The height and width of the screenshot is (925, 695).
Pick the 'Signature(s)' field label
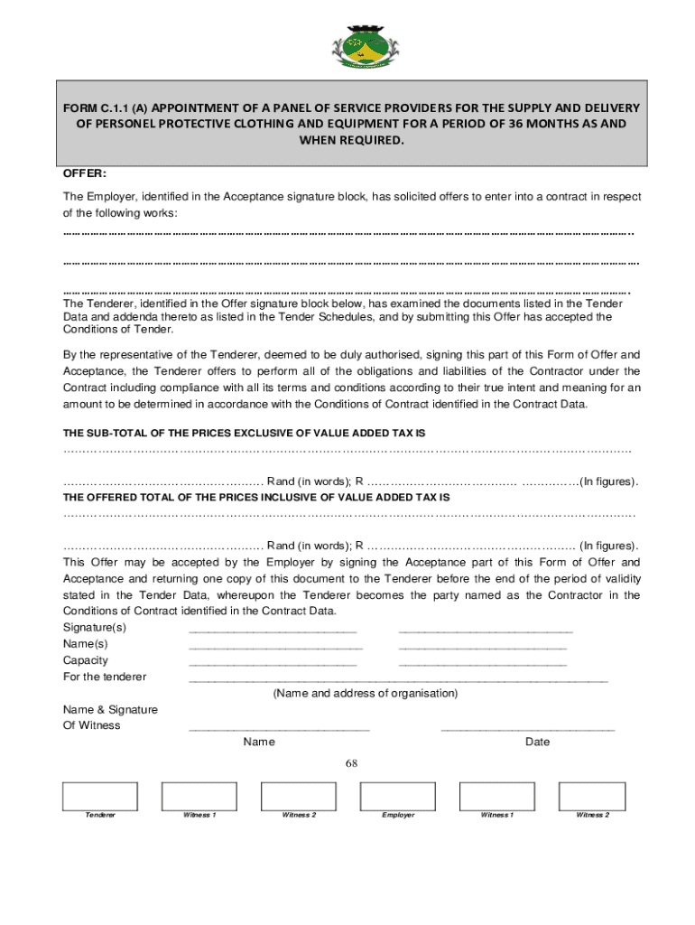[x=95, y=628]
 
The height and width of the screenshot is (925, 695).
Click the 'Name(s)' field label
[x=85, y=644]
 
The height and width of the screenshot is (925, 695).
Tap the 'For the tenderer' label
[x=105, y=677]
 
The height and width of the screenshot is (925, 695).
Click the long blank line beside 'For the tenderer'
[x=398, y=679]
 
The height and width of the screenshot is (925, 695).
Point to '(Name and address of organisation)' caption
[x=366, y=694]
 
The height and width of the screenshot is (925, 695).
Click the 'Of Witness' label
[x=91, y=725]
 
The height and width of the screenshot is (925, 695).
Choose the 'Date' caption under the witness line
[x=537, y=743]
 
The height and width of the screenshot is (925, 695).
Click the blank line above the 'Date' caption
[x=528, y=728]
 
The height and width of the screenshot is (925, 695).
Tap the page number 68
[x=352, y=763]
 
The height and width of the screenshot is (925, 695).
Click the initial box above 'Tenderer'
[x=100, y=796]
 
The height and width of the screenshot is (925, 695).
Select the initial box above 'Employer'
[x=397, y=796]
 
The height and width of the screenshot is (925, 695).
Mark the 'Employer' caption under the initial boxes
[x=398, y=816]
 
